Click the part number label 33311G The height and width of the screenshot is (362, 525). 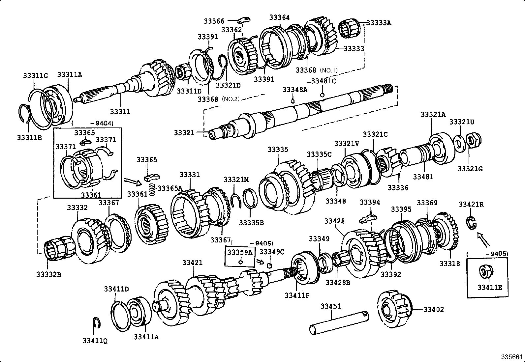click(35, 75)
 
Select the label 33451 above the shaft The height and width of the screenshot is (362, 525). click(330, 306)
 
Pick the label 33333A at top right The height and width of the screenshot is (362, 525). click(379, 23)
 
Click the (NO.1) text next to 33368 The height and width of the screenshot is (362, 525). click(328, 70)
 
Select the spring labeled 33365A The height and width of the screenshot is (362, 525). click(151, 189)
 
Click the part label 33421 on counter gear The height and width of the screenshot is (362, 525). click(192, 263)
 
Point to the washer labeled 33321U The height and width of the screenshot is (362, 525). click(458, 141)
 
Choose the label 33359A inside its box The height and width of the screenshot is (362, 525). click(240, 252)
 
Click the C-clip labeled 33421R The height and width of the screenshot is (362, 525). click(471, 222)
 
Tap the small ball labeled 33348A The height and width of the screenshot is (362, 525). click(292, 100)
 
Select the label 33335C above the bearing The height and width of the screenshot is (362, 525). click(319, 154)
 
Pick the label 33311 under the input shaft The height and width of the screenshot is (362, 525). click(120, 111)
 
